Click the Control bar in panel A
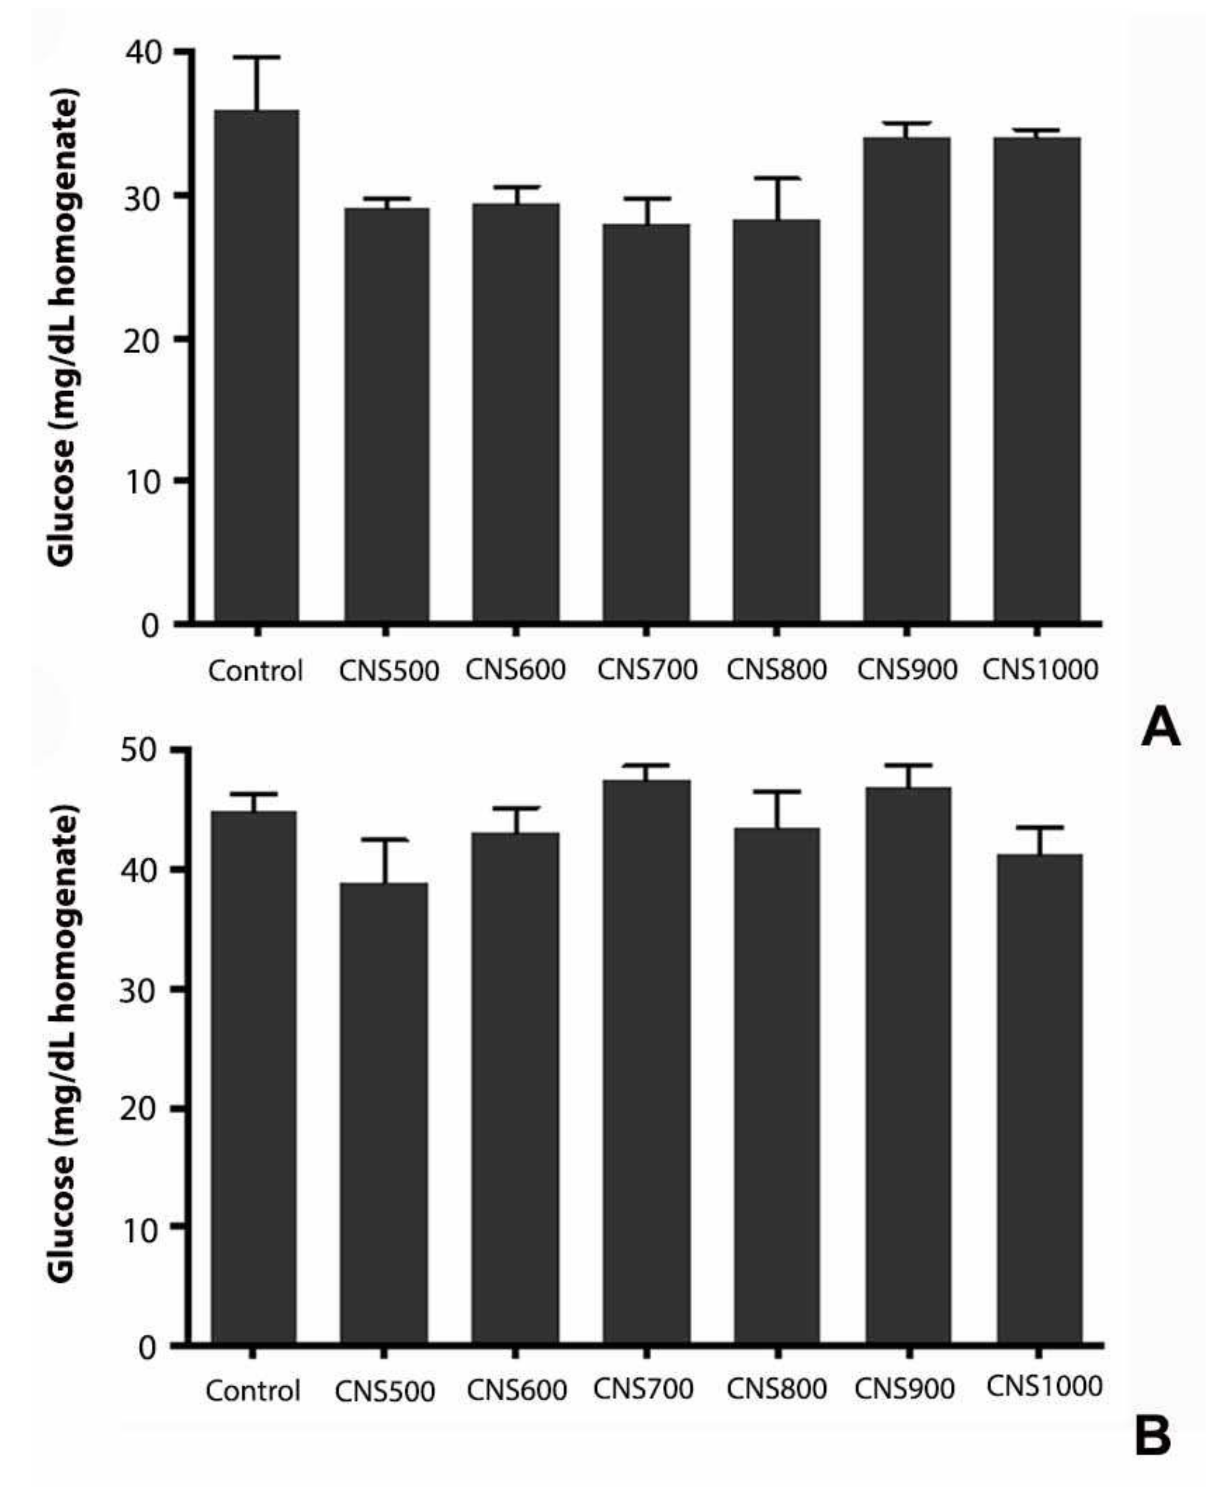256,366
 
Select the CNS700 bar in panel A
646,423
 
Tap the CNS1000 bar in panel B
1040,1099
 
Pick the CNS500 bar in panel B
384,1113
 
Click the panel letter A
1160,728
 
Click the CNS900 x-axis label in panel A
907,669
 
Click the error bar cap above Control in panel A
257,57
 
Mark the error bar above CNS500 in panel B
385,860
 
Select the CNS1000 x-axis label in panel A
1040,669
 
